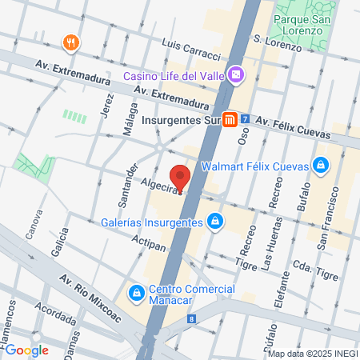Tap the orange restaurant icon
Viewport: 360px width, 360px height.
click(x=72, y=42)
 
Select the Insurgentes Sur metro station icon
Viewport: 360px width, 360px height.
click(x=230, y=120)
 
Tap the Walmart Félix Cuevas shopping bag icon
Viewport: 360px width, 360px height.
click(x=320, y=166)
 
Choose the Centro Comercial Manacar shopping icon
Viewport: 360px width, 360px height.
click(x=137, y=294)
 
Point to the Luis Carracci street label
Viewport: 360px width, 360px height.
click(x=190, y=48)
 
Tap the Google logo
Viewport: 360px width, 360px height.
click(x=26, y=350)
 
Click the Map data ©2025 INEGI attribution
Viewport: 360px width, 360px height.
click(x=313, y=354)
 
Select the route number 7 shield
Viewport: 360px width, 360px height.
click(x=245, y=120)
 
